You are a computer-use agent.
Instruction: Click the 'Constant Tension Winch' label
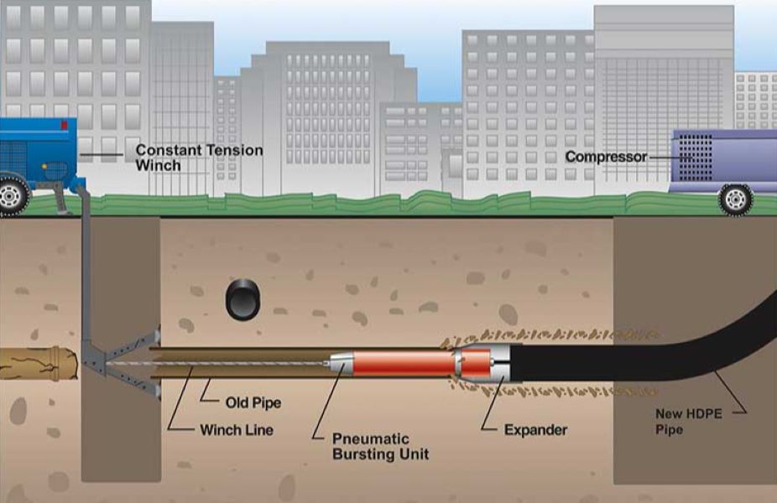pyautogui.click(x=199, y=158)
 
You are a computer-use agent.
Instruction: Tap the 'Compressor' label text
pyautogui.click(x=606, y=157)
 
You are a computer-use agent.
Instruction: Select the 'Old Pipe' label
pyautogui.click(x=253, y=402)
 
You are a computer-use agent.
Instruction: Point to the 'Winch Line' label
pyautogui.click(x=237, y=430)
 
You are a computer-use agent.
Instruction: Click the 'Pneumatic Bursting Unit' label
pyautogui.click(x=381, y=446)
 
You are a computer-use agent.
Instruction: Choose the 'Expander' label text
pyautogui.click(x=535, y=430)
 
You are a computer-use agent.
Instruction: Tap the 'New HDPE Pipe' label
pyautogui.click(x=688, y=422)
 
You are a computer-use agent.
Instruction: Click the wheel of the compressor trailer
pyautogui.click(x=735, y=199)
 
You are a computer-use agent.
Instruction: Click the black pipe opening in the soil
pyautogui.click(x=242, y=299)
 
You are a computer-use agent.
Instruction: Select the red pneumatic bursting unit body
pyautogui.click(x=403, y=365)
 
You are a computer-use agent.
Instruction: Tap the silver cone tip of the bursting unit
pyautogui.click(x=340, y=364)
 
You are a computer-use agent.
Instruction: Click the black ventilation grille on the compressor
pyautogui.click(x=695, y=158)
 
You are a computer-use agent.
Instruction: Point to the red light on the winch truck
pyautogui.click(x=64, y=125)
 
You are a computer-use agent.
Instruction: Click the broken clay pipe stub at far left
pyautogui.click(x=39, y=363)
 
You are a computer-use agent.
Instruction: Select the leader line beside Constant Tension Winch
pyautogui.click(x=101, y=155)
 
